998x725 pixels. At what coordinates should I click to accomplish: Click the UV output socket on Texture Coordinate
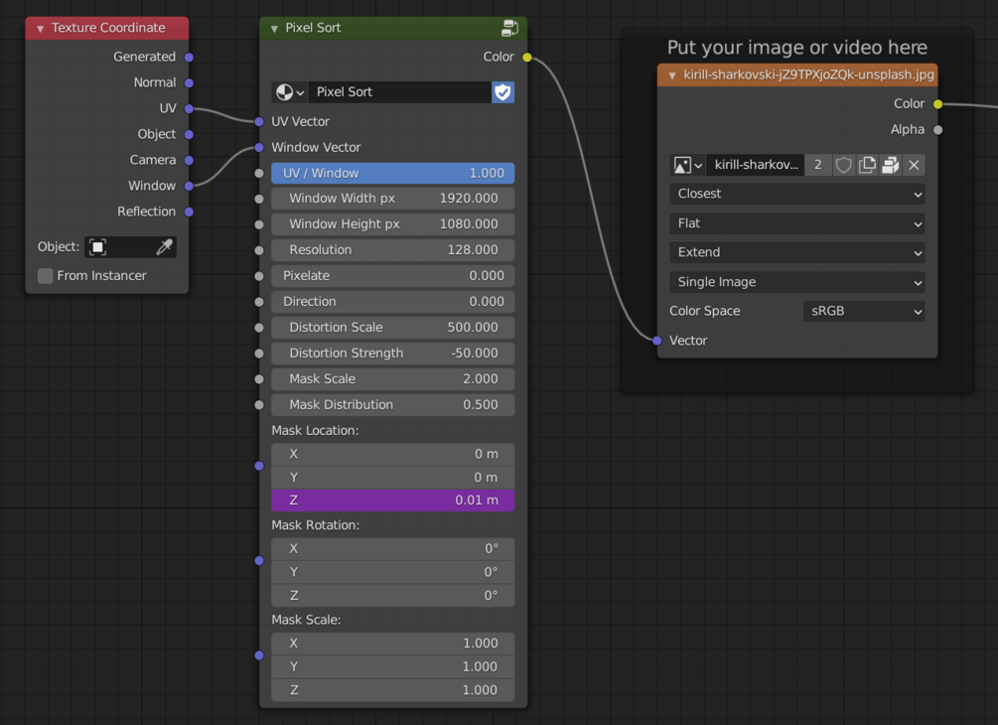(189, 109)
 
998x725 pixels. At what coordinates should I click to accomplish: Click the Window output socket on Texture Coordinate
(189, 186)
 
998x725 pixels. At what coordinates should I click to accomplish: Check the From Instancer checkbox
(46, 276)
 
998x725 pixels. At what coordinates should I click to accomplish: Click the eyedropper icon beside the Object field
(164, 247)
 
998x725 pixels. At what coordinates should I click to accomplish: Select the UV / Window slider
(392, 173)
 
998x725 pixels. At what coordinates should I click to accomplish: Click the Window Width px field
(392, 199)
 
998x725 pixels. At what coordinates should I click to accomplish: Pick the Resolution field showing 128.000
(392, 250)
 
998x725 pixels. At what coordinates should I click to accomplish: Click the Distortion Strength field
(392, 354)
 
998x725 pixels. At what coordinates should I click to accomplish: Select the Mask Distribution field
(392, 405)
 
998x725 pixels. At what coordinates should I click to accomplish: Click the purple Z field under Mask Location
(392, 501)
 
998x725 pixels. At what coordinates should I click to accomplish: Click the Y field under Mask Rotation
(392, 572)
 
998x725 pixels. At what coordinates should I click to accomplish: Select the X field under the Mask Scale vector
(392, 644)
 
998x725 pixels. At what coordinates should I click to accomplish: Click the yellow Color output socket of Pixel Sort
(527, 58)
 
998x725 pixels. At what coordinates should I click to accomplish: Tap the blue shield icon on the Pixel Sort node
(502, 92)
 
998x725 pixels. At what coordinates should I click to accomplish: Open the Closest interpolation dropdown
(796, 194)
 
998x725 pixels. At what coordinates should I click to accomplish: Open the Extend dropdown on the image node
(796, 252)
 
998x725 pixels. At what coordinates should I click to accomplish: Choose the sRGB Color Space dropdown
(864, 311)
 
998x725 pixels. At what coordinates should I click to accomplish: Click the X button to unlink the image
(914, 166)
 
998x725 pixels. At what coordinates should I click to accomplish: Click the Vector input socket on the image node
(657, 341)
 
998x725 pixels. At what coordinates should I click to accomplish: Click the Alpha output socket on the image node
(937, 130)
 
